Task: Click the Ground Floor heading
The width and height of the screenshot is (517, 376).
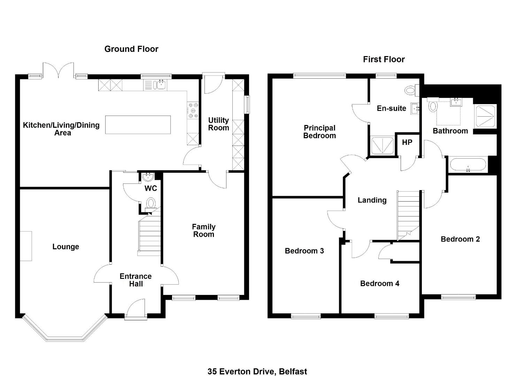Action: click(131, 49)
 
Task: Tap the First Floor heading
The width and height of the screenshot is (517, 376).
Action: click(384, 60)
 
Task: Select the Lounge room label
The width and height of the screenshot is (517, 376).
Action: click(66, 247)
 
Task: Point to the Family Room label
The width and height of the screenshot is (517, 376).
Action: click(203, 230)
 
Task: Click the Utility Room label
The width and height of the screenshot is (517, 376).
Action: click(218, 124)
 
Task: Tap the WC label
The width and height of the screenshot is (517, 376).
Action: click(151, 188)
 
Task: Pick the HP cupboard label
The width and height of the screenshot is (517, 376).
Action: click(407, 142)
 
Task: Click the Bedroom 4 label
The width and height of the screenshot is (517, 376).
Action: click(380, 283)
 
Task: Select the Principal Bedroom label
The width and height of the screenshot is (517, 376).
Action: click(319, 132)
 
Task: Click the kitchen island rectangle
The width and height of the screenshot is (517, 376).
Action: click(138, 125)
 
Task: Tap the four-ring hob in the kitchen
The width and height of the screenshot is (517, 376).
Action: click(193, 110)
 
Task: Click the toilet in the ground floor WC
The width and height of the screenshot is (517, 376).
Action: click(151, 204)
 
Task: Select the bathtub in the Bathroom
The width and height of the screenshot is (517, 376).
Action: click(468, 165)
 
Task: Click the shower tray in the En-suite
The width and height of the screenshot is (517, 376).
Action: click(383, 146)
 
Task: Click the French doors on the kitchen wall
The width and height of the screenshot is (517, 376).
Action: click(59, 70)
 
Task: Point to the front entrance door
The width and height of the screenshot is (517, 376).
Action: click(136, 310)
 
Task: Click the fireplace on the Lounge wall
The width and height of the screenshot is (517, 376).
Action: click(26, 246)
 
